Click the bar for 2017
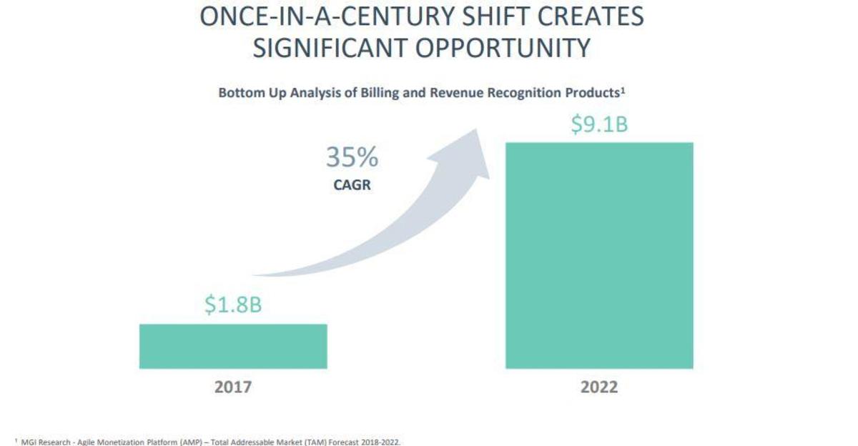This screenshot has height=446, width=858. point(233,346)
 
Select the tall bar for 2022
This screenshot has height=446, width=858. point(599,255)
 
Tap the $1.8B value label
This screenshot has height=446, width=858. point(233,305)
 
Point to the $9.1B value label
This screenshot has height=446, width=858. point(599,124)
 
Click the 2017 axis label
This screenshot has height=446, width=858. point(233,387)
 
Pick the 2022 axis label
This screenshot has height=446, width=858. point(599,387)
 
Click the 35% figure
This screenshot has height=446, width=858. point(352,158)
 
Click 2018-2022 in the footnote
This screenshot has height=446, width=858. point(378,442)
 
